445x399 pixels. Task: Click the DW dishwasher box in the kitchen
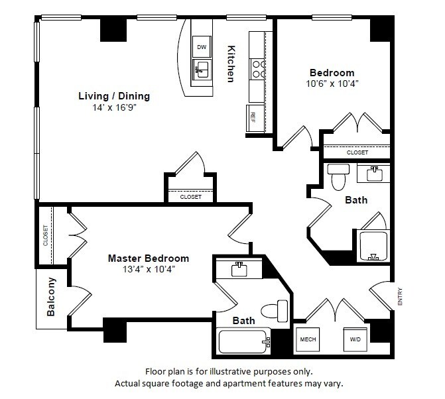coord(202,47)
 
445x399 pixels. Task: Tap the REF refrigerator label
coord(253,117)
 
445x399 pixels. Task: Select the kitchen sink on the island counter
coord(202,70)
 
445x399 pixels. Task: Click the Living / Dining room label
coord(114,96)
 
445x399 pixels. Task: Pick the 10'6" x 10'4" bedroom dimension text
coord(332,84)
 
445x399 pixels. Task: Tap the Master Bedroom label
coord(149,258)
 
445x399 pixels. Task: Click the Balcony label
coord(51,297)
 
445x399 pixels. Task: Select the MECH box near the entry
coord(308,339)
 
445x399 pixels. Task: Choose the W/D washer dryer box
coord(355,339)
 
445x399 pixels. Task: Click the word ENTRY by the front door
coord(400,297)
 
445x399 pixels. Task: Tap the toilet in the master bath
coord(275,311)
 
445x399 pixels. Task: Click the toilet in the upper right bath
coord(338,177)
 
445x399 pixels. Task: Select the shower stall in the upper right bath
coord(373,246)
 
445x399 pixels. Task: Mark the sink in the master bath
coord(239,269)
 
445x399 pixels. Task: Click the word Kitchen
coord(231,64)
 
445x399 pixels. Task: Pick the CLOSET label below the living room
coord(191,197)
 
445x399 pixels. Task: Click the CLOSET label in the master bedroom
coord(45,235)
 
